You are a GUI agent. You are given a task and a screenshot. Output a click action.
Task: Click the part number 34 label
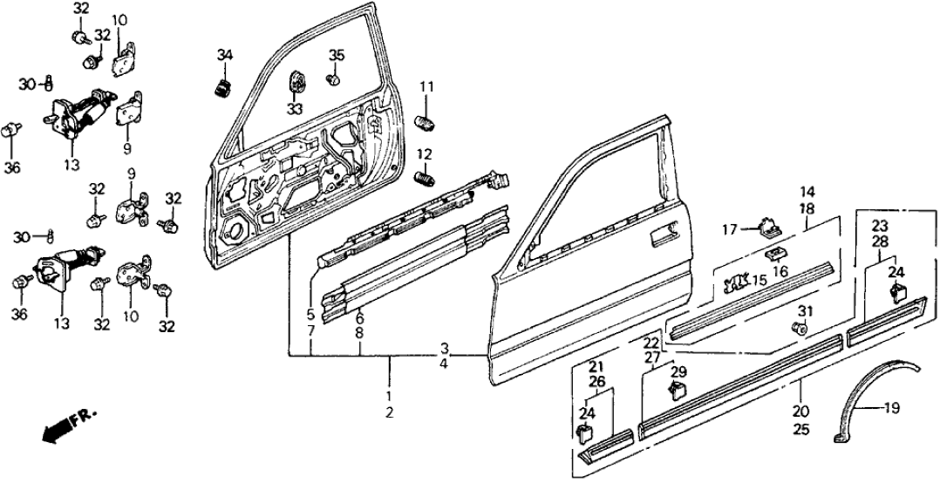coord(225,56)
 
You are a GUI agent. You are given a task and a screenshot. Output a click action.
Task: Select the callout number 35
coord(337,56)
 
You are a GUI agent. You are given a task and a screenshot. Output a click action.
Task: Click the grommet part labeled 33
coord(296,83)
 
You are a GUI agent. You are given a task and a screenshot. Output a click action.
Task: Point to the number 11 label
coord(426,86)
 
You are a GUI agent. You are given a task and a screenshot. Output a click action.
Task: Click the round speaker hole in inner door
coord(235,232)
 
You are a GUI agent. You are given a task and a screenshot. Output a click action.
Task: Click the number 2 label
coord(390,412)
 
